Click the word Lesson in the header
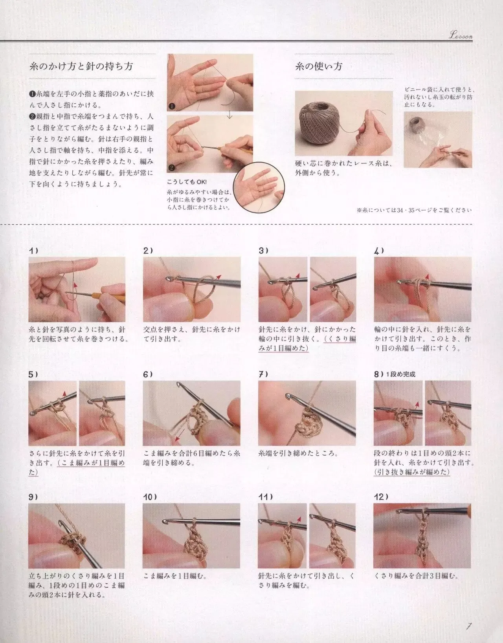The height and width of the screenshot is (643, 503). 461,36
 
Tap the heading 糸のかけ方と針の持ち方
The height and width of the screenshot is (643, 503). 81,66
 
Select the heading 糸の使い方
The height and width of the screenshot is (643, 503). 319,66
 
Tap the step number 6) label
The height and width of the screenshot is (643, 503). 148,374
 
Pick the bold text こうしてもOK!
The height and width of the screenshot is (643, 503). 187,182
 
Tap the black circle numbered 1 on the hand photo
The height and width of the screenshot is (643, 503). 172,106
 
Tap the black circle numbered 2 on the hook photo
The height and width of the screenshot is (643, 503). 172,168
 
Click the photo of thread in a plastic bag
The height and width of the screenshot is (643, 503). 438,140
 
